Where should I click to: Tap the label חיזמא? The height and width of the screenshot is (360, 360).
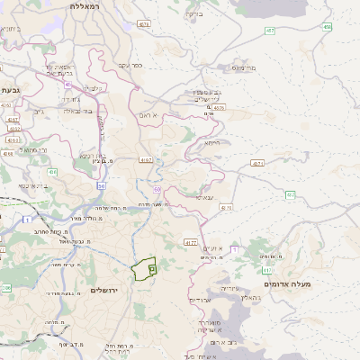[211, 142]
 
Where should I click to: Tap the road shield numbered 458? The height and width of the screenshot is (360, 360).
[327, 28]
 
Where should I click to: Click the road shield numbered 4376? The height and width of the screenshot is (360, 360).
[220, 108]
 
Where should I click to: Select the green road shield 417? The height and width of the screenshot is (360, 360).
[267, 269]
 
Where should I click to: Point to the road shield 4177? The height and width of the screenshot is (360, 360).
[191, 242]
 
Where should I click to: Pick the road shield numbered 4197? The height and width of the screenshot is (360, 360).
[146, 160]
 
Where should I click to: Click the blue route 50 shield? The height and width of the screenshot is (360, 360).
[102, 185]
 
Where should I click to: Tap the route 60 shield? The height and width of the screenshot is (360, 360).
[157, 190]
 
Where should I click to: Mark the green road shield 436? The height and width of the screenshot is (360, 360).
[52, 172]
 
